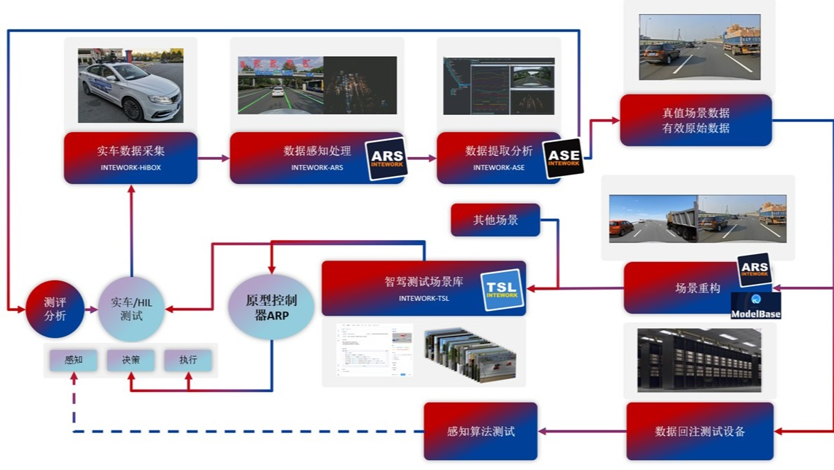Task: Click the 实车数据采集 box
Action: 131,158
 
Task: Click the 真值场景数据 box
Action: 696,120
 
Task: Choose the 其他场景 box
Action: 495,219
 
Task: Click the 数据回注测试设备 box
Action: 700,431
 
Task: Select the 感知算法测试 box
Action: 481,431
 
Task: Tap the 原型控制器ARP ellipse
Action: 271,307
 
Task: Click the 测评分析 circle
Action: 55,309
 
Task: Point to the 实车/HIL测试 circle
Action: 131,309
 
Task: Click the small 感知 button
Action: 73,360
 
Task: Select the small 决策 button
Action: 131,360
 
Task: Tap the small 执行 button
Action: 188,360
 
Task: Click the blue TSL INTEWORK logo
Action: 503,290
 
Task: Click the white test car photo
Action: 131,85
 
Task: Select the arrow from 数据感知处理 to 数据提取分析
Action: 420,158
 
